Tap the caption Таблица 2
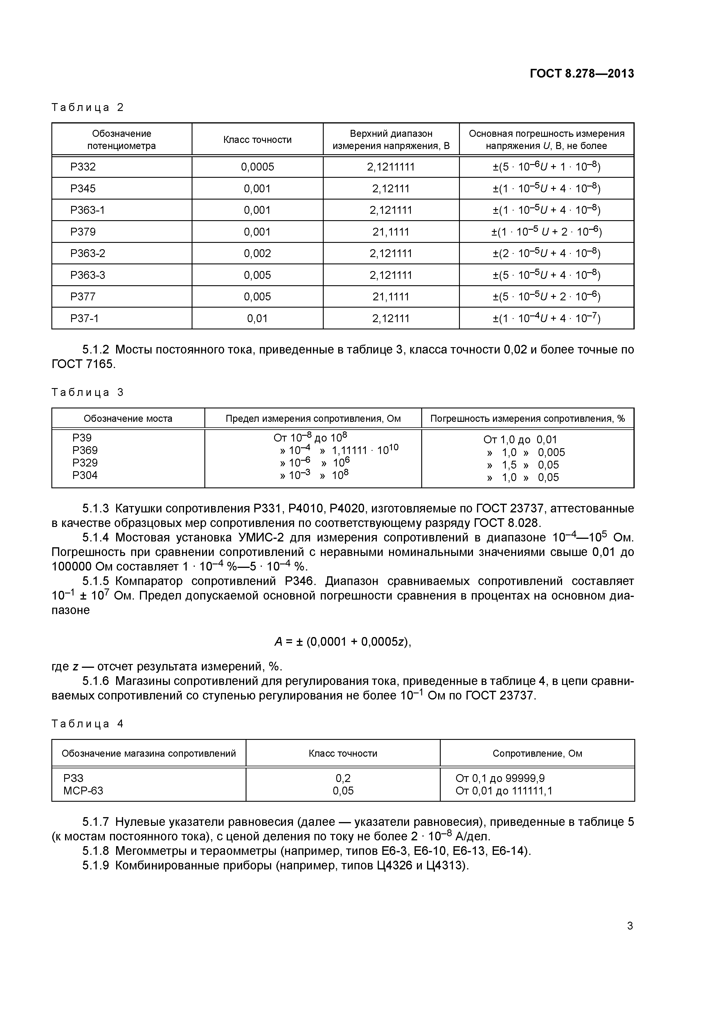[x=87, y=107]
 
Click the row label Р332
[x=83, y=167]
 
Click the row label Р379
[x=83, y=232]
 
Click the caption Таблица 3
[x=87, y=392]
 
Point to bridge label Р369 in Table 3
[x=85, y=450]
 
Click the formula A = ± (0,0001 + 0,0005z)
[x=343, y=642]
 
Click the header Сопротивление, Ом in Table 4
[x=537, y=753]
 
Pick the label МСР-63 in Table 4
[x=83, y=790]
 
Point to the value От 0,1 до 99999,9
[x=500, y=778]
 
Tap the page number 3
[x=629, y=926]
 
